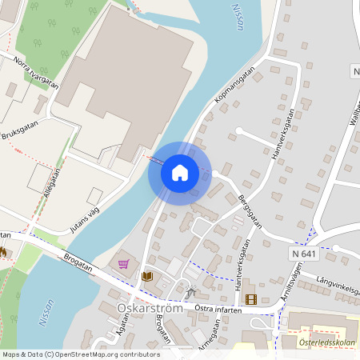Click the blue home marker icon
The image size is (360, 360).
[180, 172]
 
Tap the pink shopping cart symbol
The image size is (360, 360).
[123, 263]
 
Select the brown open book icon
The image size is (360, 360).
[147, 276]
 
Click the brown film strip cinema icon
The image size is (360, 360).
[252, 299]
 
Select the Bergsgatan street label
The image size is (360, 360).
[250, 210]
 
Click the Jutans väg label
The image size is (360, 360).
[86, 219]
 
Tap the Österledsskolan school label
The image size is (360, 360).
[327, 344]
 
